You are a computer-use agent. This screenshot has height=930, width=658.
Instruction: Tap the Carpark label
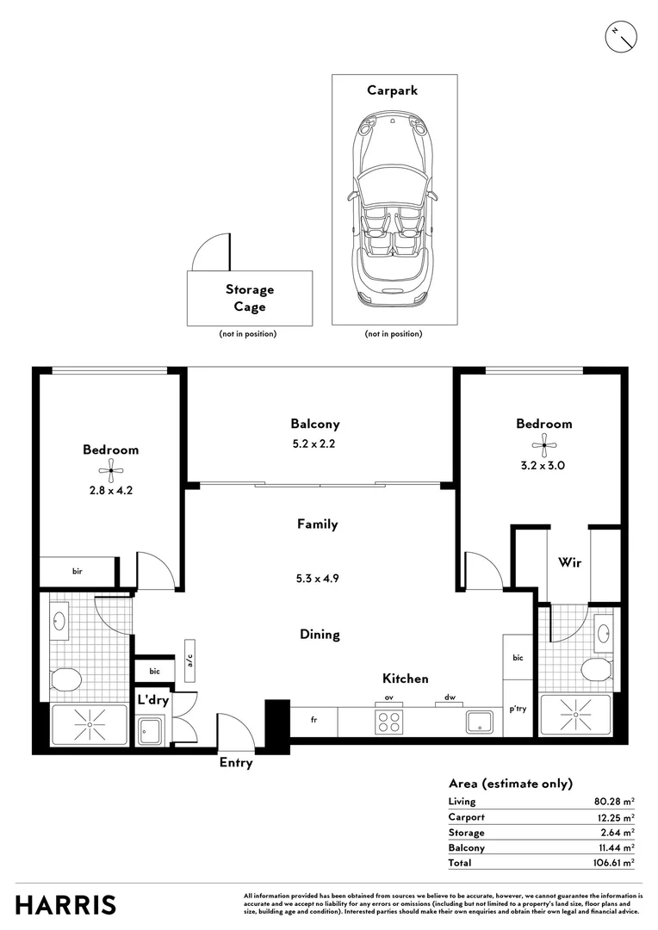[392, 90]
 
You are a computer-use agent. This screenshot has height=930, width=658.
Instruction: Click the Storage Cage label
[250, 298]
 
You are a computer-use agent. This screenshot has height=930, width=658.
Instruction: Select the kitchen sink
[478, 722]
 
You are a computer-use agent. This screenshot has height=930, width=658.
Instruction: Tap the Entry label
[235, 763]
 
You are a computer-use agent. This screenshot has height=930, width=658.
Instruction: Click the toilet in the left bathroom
[65, 680]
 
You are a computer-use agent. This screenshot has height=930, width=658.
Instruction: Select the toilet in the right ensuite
[595, 669]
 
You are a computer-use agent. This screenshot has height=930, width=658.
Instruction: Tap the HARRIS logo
[65, 905]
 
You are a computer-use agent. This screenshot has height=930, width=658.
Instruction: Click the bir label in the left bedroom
[77, 571]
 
